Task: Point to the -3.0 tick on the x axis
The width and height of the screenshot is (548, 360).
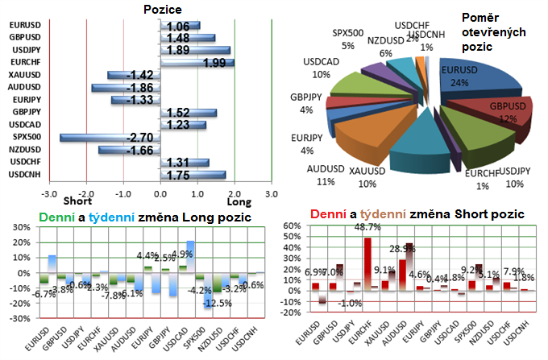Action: click(50, 194)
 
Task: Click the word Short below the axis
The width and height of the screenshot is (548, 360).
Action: click(77, 201)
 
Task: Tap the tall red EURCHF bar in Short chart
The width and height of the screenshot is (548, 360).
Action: click(367, 263)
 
